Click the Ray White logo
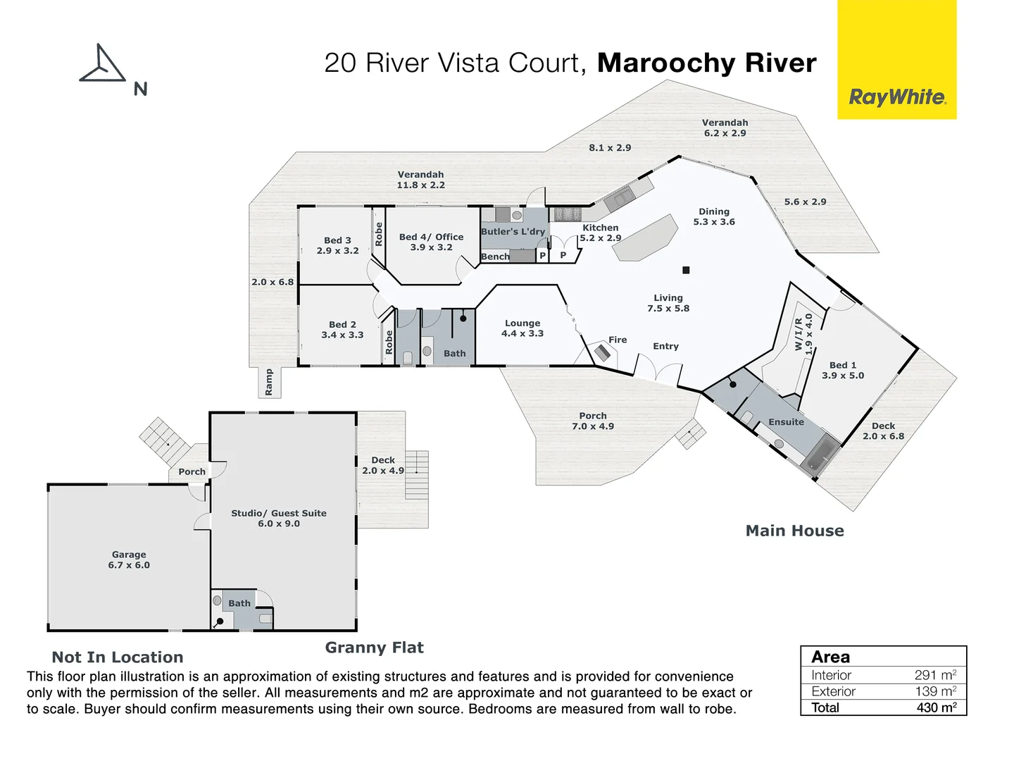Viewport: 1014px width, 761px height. (897, 97)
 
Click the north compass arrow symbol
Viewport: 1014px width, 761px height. (103, 66)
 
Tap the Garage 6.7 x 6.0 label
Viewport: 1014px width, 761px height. (129, 559)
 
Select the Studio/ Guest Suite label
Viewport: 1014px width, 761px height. (279, 518)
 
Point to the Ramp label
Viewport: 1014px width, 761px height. (268, 382)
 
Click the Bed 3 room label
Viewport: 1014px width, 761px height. (337, 245)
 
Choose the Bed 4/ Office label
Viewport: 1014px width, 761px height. (431, 242)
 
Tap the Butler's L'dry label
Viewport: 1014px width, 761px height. (513, 231)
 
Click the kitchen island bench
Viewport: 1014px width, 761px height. (645, 238)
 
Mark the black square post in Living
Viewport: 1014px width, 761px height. (686, 270)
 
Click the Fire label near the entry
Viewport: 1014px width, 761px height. (618, 340)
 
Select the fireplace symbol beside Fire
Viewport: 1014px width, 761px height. (601, 351)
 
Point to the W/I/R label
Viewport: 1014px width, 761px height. (799, 333)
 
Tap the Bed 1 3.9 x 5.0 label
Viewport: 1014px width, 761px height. (843, 370)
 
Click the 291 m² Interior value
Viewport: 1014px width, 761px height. (935, 675)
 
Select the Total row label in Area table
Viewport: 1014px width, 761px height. (825, 707)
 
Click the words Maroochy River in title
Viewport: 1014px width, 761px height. (706, 63)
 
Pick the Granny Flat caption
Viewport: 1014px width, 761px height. (374, 648)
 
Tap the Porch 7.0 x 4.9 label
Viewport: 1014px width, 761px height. (593, 421)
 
